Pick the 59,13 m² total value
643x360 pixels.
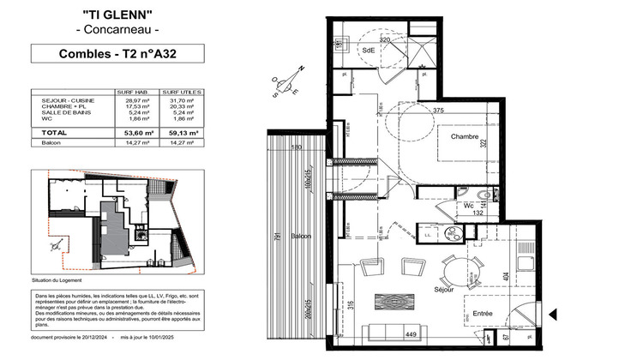181,133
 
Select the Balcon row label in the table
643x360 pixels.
51,142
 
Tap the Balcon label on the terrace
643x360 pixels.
300,236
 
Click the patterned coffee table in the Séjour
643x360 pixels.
396,302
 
